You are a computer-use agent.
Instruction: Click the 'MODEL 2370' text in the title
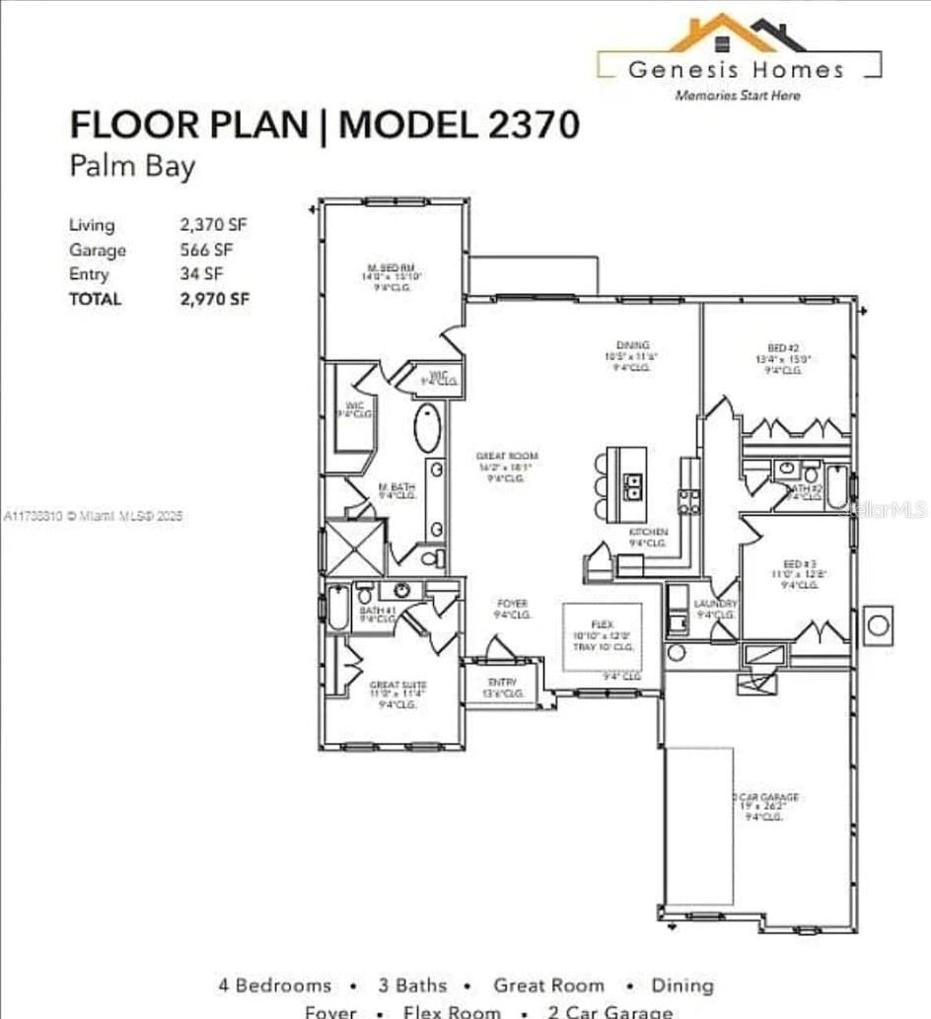(x=459, y=125)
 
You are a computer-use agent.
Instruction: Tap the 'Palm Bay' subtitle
(x=132, y=165)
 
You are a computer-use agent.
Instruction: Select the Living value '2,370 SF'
(x=213, y=225)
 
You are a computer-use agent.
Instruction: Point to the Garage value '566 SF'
(x=206, y=250)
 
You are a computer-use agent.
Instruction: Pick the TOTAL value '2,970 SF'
(x=214, y=299)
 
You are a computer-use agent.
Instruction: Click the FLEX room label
(x=601, y=624)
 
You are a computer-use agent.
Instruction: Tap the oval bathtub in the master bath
(x=427, y=428)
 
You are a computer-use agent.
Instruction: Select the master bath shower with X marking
(x=355, y=547)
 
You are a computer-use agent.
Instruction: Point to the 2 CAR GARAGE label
(x=764, y=797)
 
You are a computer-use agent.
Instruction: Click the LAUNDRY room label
(x=715, y=604)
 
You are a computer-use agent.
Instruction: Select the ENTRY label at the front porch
(x=502, y=683)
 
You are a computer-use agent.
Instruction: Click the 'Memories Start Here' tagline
(x=737, y=96)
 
